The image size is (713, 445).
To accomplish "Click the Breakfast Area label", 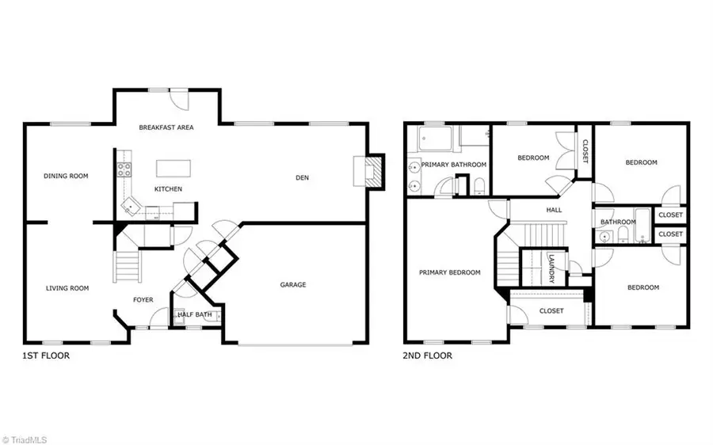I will [x=166, y=127].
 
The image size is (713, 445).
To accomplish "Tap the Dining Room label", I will [x=66, y=176].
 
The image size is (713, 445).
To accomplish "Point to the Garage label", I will [x=293, y=285].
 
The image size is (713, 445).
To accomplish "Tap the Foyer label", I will [x=143, y=299].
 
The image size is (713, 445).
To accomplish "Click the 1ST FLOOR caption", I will [x=46, y=356].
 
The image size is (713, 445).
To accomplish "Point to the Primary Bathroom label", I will [x=453, y=165].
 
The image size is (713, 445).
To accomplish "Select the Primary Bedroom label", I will [x=450, y=272].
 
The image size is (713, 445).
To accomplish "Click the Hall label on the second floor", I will [x=554, y=211].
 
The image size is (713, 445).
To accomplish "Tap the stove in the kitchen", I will [x=124, y=169].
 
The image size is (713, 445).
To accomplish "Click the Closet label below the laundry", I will [x=551, y=311].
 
